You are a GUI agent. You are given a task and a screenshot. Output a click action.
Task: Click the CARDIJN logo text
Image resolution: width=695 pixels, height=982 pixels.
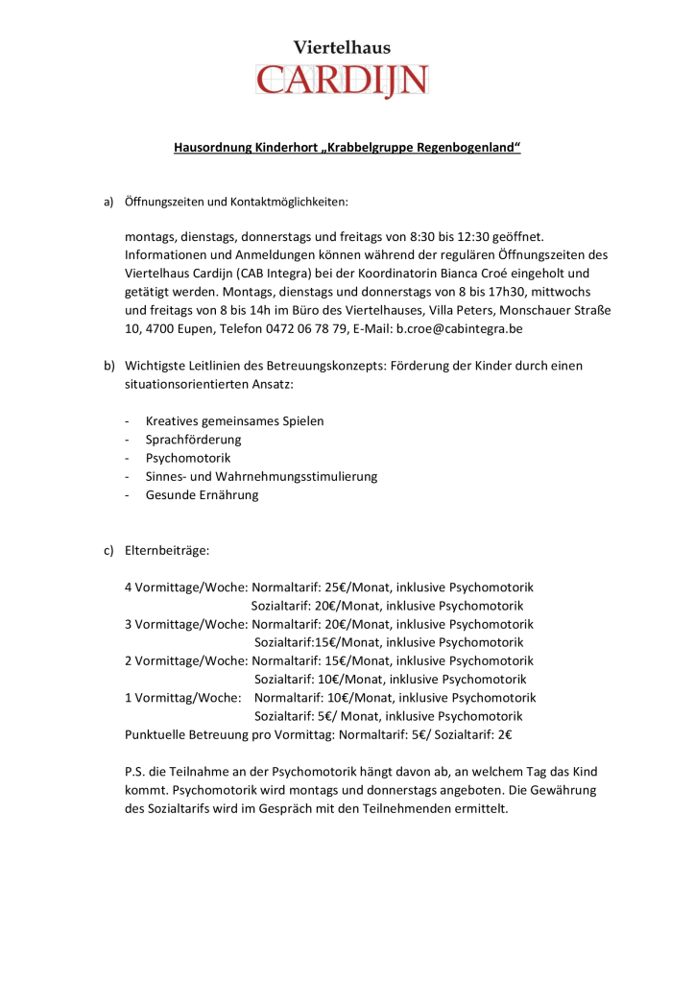point(343,80)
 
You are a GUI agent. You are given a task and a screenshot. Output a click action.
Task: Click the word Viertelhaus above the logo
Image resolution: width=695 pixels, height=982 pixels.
point(342,47)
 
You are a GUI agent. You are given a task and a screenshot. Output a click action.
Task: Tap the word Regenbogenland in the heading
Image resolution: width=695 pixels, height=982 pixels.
point(462,148)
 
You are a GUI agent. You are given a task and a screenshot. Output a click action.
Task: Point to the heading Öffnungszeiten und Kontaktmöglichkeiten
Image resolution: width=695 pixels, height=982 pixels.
point(237,203)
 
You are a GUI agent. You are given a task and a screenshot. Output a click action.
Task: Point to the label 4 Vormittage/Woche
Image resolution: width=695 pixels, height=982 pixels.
point(186,587)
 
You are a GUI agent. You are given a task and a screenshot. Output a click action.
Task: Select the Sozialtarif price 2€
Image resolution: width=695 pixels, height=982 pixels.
point(505,735)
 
